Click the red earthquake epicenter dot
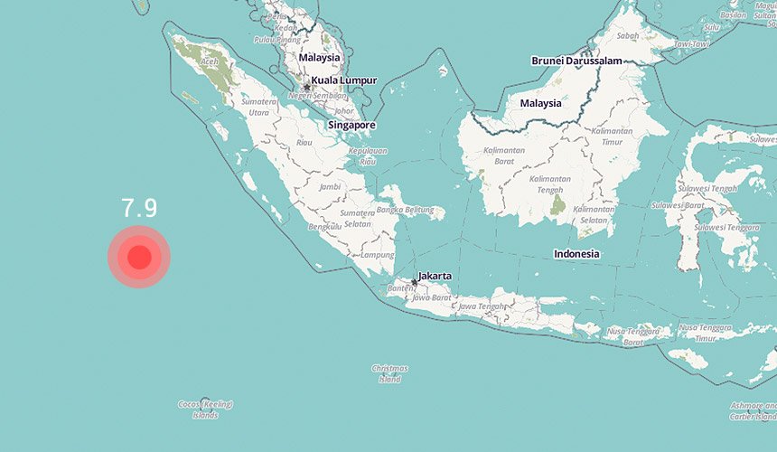(x=139, y=258)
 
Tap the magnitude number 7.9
(x=140, y=209)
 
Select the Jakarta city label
(x=435, y=276)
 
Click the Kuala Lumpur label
(x=343, y=80)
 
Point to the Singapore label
(x=352, y=125)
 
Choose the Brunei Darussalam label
(x=577, y=61)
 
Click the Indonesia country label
(x=576, y=254)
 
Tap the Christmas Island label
(x=389, y=373)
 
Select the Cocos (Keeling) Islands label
(x=205, y=410)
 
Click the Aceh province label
(x=210, y=61)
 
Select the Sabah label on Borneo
(x=630, y=35)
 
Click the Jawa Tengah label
(x=481, y=306)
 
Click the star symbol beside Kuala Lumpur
(x=306, y=87)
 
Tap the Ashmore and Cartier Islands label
(x=752, y=411)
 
